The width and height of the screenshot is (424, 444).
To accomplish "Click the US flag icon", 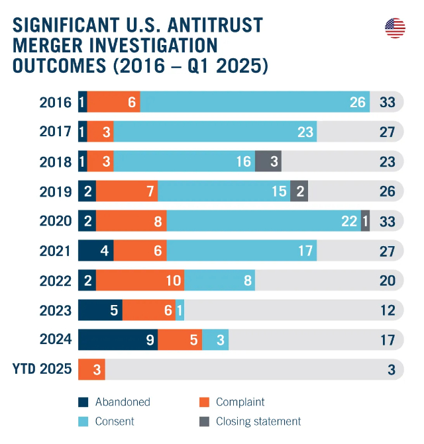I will [395, 28].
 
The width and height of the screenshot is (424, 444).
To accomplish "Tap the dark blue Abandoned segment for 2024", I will [118, 340].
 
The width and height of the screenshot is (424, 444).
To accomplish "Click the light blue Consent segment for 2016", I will [254, 102].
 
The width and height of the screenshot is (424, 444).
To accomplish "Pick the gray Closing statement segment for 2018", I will [268, 161].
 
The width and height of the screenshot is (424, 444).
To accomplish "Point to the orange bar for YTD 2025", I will [91, 369].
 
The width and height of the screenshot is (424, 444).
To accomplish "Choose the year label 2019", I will [55, 191].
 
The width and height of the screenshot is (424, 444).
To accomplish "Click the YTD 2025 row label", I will [42, 369].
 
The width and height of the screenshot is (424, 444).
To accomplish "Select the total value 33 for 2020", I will [388, 221].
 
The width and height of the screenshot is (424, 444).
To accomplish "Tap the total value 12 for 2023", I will [388, 310].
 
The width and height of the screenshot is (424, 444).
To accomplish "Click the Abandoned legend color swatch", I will [83, 402].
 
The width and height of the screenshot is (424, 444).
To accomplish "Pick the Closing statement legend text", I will [258, 422].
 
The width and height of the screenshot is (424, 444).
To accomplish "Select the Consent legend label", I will [115, 422].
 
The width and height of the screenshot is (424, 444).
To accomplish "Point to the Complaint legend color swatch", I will [204, 402].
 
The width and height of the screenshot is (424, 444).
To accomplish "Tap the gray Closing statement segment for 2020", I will [365, 221].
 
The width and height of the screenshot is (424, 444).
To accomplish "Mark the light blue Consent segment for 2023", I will [180, 310].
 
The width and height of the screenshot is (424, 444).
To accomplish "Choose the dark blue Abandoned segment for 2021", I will [96, 251].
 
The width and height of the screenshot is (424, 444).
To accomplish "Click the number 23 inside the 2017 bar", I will [305, 132].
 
